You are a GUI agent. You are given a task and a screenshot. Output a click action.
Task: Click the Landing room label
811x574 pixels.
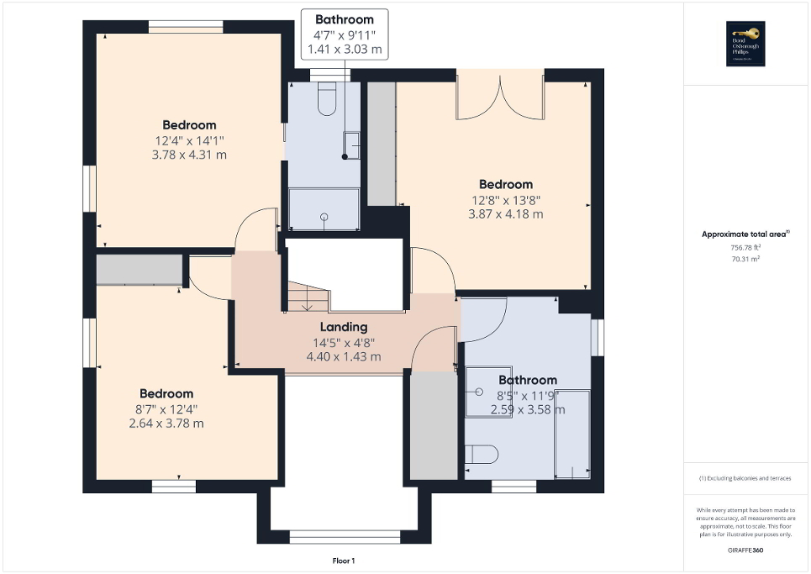343,327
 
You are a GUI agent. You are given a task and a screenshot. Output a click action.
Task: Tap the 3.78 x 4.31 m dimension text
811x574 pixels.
190,155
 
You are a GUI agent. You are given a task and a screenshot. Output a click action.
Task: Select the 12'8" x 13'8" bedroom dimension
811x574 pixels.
506,200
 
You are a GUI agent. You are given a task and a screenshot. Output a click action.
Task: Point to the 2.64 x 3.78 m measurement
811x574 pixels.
166,424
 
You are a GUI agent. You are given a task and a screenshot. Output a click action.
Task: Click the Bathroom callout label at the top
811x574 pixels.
344,19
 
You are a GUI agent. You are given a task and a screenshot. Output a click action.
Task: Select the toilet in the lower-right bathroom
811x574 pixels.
482,455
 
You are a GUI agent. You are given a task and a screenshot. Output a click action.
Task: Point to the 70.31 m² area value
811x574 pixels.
746,260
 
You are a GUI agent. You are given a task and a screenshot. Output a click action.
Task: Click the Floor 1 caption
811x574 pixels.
345,561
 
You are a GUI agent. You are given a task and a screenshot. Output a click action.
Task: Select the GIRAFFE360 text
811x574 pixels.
746,549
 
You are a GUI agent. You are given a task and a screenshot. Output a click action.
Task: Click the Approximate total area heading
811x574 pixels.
746,235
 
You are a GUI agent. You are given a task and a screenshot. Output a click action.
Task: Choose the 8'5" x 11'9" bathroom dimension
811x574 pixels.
527,395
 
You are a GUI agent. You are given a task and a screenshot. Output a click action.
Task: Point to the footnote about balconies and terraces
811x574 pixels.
746,478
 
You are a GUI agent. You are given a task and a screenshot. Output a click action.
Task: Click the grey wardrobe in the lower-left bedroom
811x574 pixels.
140,271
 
